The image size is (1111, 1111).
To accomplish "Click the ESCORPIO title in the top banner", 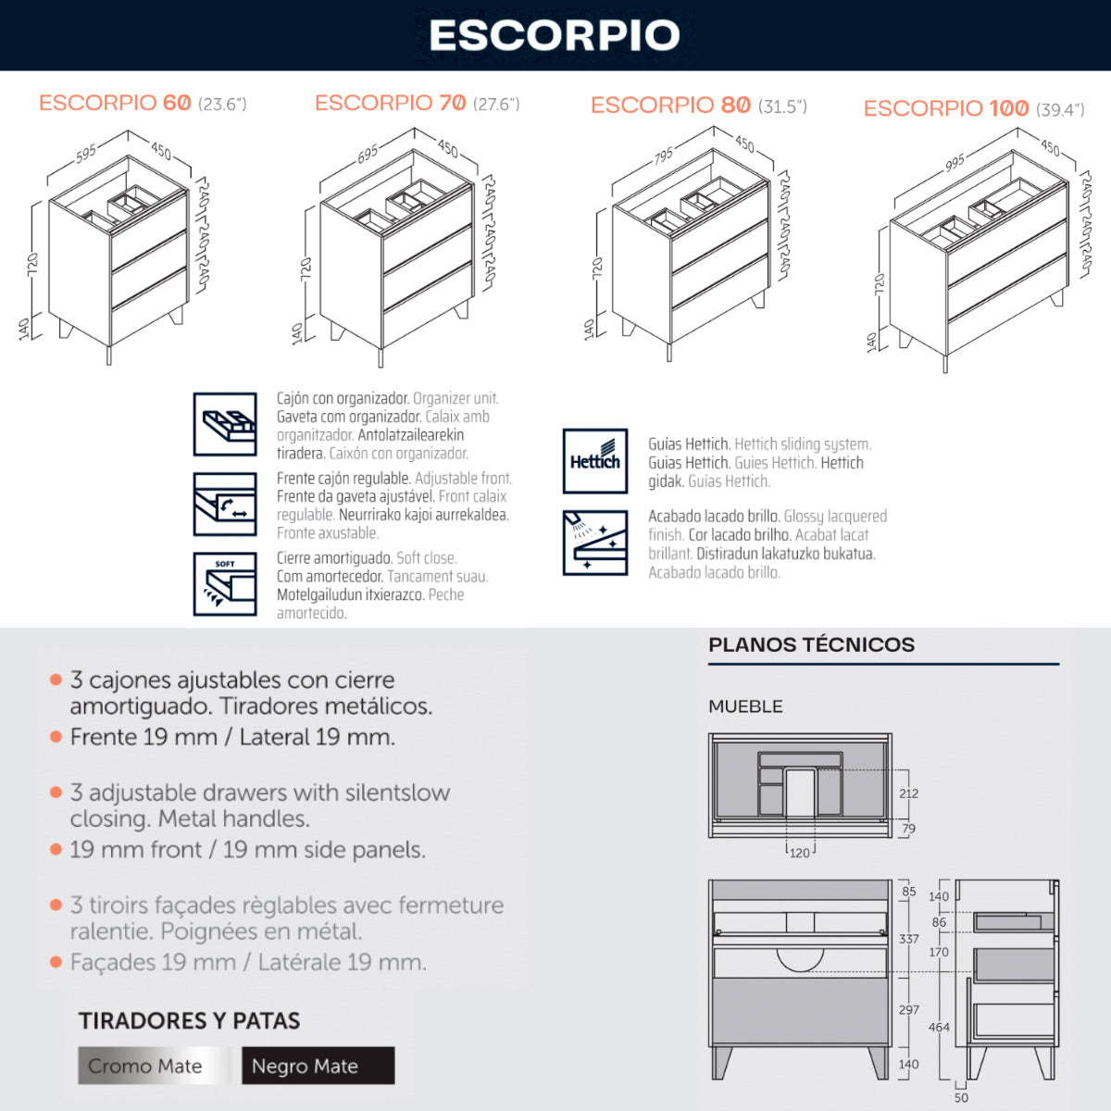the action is pos(555,35).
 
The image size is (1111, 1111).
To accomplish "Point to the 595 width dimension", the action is pos(86,154).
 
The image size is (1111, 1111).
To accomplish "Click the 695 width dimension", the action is pos(368,154).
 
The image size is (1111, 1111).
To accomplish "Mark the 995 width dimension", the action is pos(955,163).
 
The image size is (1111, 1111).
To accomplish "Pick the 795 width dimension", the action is pos(664,156).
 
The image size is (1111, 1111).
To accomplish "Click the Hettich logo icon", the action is pos(595,461).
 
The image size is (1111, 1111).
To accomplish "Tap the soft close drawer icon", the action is pos(225,584).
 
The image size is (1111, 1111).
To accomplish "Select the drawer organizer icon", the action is pos(225,424).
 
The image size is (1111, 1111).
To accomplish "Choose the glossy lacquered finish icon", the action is pos(595,543).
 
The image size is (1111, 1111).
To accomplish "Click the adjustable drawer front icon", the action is pos(225,504).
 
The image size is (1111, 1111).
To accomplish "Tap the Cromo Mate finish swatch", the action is pos(154,1066).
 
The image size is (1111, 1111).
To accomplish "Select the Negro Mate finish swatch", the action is pos(318,1066).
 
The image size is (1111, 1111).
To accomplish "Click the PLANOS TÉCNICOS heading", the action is pos(811,644).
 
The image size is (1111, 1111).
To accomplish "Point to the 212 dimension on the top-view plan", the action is pos(908,793).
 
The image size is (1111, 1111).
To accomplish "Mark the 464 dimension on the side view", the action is pos(939,1027).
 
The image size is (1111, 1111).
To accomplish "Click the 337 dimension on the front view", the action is pos(908,939).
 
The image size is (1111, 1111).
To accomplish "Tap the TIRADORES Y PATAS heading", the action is pos(189,1020).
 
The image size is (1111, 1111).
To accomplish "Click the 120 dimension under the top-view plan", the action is pos(800,853).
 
